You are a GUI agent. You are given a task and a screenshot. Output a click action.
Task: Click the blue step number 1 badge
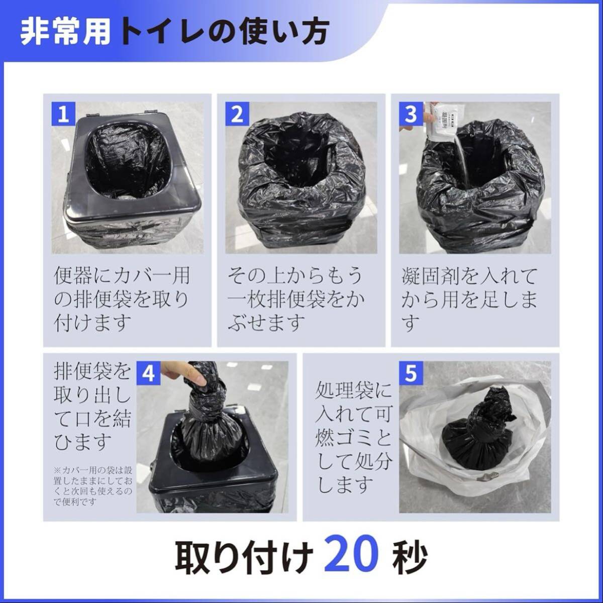coord(63,114)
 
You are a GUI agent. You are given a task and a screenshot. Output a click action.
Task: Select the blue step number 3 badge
coord(411,114)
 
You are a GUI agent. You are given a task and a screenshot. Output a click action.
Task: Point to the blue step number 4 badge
coord(149,373)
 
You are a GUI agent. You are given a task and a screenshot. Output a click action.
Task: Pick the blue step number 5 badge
coord(411,373)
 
